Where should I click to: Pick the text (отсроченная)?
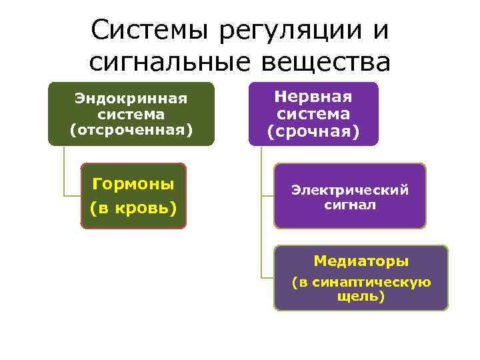(x=131, y=129)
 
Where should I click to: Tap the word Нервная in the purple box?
(x=313, y=97)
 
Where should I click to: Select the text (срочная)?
(x=313, y=132)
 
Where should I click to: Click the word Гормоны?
(x=133, y=183)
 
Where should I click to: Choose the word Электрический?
(x=350, y=190)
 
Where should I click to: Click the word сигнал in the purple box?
(x=350, y=205)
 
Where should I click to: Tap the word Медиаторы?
(x=361, y=261)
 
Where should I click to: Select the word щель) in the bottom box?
(x=361, y=297)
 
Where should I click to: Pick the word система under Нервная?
(x=313, y=114)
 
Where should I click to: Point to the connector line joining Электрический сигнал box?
(x=266, y=196)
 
